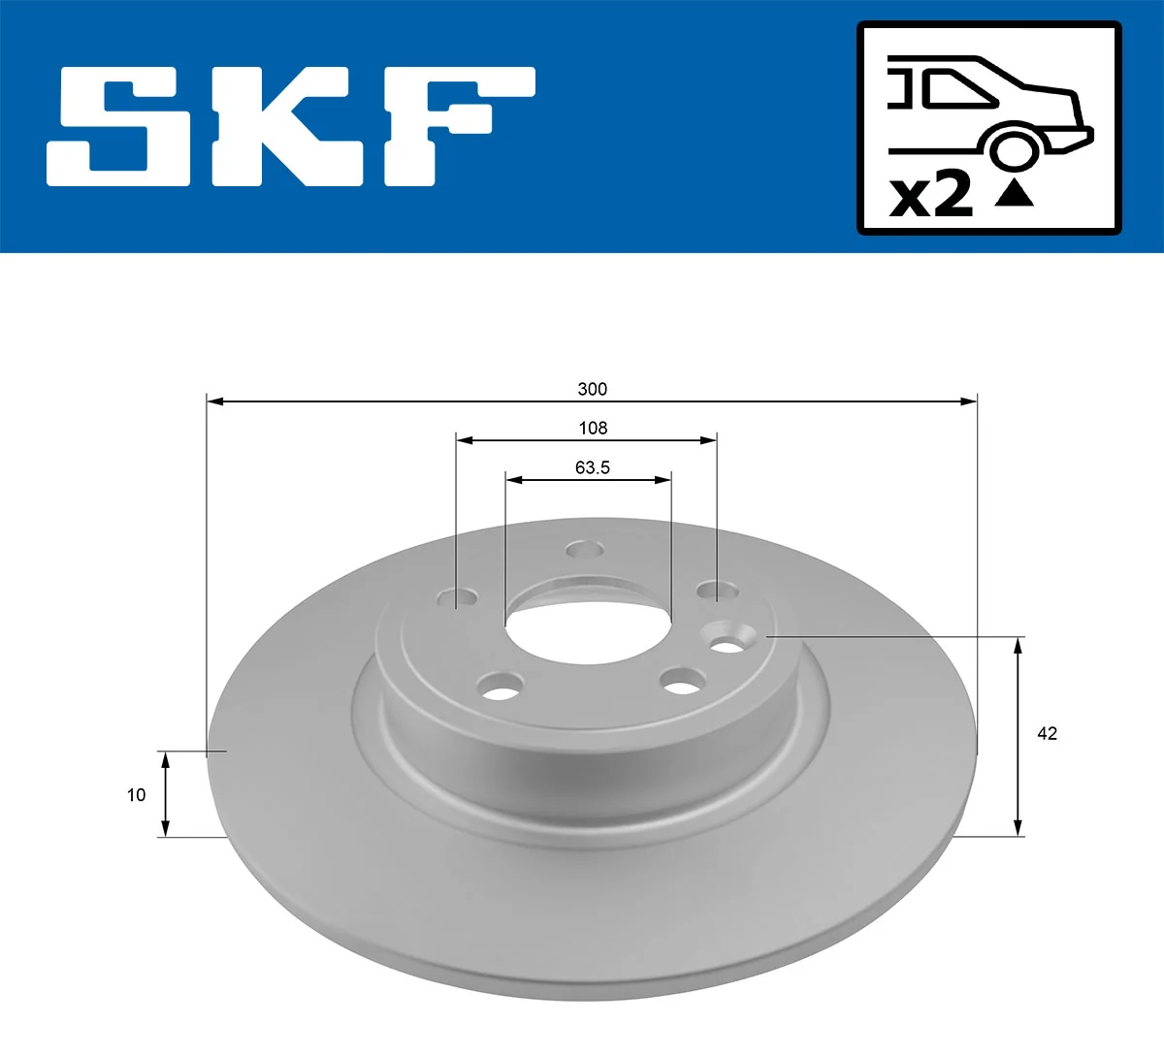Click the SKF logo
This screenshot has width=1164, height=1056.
click(291, 126)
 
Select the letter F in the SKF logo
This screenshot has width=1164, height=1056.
click(456, 126)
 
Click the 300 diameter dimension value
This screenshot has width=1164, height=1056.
click(592, 389)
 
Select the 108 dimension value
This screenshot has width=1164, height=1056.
click(593, 428)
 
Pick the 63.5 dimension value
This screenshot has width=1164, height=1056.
click(592, 467)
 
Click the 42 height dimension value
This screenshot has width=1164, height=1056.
click(1047, 734)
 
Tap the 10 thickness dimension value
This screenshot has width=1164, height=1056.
click(136, 795)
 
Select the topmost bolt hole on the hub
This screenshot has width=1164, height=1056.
click(585, 551)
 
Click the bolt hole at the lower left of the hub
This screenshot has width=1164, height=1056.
click(501, 687)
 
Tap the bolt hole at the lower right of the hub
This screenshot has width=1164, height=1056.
click(684, 682)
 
